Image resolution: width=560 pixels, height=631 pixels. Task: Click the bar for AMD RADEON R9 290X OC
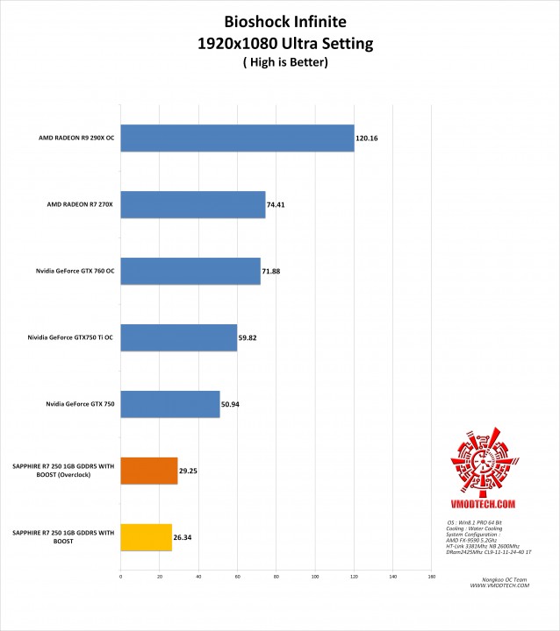pyautogui.click(x=237, y=138)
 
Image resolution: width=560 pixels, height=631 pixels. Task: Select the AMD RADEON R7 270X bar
pyautogui.click(x=192, y=204)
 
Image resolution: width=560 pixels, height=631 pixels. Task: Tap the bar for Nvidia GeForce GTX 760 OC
pyautogui.click(x=190, y=271)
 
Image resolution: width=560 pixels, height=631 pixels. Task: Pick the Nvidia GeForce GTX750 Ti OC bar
pyautogui.click(x=178, y=337)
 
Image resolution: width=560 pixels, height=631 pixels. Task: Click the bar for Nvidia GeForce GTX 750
pyautogui.click(x=169, y=404)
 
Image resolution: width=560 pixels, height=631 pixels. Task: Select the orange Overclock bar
pyautogui.click(x=148, y=471)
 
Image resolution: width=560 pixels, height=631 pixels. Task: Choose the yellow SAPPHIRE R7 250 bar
pyautogui.click(x=146, y=536)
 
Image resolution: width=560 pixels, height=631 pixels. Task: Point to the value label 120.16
pyautogui.click(x=367, y=138)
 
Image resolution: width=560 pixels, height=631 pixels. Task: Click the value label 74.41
pyautogui.click(x=276, y=204)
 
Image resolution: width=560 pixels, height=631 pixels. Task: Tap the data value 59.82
pyautogui.click(x=249, y=337)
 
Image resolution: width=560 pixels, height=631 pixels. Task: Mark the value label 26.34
pyautogui.click(x=183, y=536)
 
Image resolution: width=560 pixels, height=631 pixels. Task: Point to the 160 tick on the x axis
pyautogui.click(x=431, y=577)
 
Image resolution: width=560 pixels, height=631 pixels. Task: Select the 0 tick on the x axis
pyautogui.click(x=120, y=577)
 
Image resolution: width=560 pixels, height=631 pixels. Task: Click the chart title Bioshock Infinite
pyautogui.click(x=280, y=20)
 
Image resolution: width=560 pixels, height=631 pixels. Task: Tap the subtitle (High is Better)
pyautogui.click(x=280, y=62)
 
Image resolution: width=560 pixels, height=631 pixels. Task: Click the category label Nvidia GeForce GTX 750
pyautogui.click(x=80, y=404)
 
